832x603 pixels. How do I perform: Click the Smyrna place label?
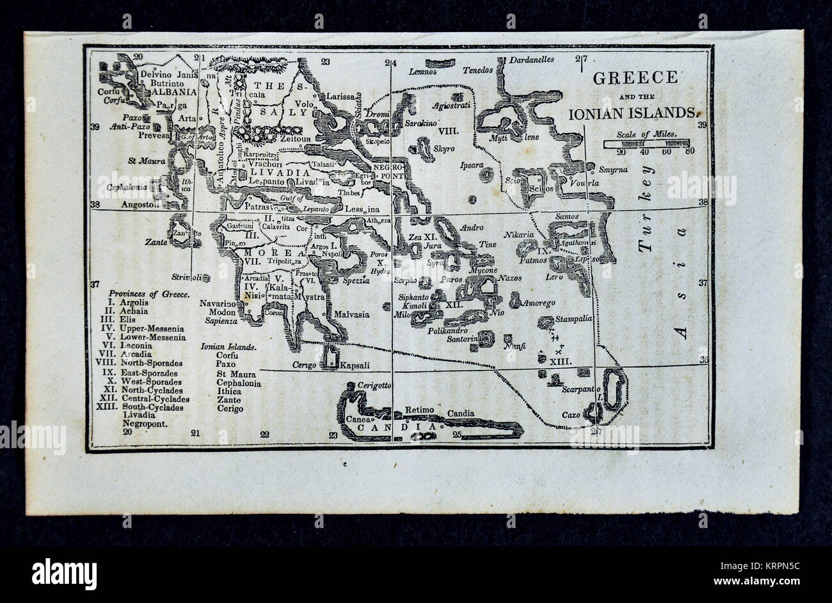pos(613,170)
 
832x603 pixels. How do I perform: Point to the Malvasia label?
pos(351,314)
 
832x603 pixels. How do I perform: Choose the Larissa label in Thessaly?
pos(340,96)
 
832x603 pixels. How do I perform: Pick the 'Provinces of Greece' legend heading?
pos(148,294)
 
